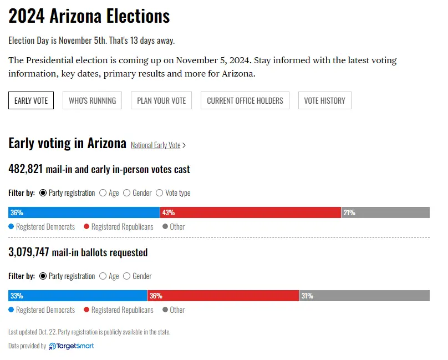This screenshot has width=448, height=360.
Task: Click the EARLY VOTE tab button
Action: (x=31, y=100)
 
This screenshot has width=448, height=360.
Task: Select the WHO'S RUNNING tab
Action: (x=92, y=100)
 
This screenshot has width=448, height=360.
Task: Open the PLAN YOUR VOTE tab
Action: (x=161, y=100)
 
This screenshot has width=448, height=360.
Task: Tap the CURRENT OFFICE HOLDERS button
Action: (x=245, y=100)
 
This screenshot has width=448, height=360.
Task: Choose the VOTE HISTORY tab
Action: (x=324, y=100)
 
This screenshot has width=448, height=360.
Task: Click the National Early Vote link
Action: (x=156, y=145)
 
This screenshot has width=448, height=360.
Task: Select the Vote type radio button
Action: (x=160, y=193)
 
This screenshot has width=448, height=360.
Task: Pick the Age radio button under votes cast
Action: (x=103, y=193)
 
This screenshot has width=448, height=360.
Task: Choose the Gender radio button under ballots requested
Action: (x=127, y=276)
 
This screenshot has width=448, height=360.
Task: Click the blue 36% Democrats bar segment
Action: (x=84, y=212)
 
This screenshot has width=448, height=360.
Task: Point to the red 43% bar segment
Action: (x=250, y=212)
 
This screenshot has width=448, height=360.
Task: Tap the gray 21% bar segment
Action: (x=385, y=212)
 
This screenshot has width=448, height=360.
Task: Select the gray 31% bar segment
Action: (x=364, y=296)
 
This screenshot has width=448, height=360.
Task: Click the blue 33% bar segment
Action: (x=78, y=296)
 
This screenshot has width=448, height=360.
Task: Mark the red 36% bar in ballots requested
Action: (x=223, y=296)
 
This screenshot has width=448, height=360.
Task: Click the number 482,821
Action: (x=26, y=169)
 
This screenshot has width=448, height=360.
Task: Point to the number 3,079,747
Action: (x=29, y=252)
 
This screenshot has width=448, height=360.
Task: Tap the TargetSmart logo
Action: (x=72, y=346)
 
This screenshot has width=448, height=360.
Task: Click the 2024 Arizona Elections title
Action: (x=89, y=16)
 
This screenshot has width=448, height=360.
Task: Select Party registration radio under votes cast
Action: (x=43, y=193)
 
